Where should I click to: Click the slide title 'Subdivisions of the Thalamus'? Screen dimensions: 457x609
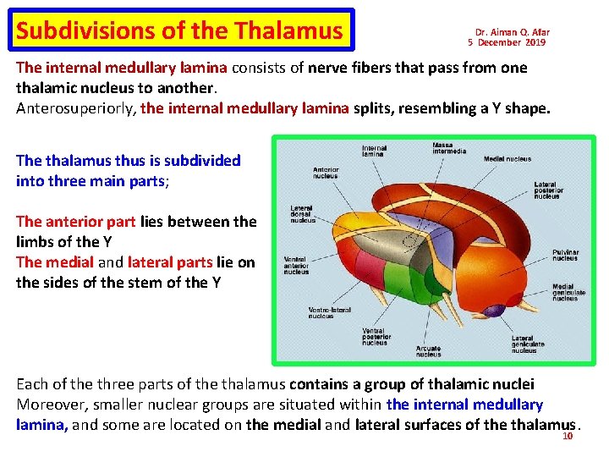(179, 31)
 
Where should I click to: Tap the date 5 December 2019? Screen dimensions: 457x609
(507, 42)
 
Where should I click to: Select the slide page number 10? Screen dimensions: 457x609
(568, 437)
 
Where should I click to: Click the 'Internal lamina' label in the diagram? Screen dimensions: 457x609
(374, 151)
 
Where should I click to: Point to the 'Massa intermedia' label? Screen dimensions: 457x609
(448, 148)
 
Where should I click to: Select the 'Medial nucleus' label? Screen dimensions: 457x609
(507, 159)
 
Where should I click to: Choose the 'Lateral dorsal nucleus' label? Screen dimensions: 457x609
(302, 214)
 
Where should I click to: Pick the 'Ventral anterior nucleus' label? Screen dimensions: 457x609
(296, 265)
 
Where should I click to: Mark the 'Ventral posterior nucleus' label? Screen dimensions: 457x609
(374, 337)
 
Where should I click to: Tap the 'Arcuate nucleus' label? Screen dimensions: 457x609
(428, 350)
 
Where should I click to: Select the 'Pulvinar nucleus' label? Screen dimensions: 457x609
(565, 255)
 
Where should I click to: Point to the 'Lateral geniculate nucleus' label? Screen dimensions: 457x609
(528, 344)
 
